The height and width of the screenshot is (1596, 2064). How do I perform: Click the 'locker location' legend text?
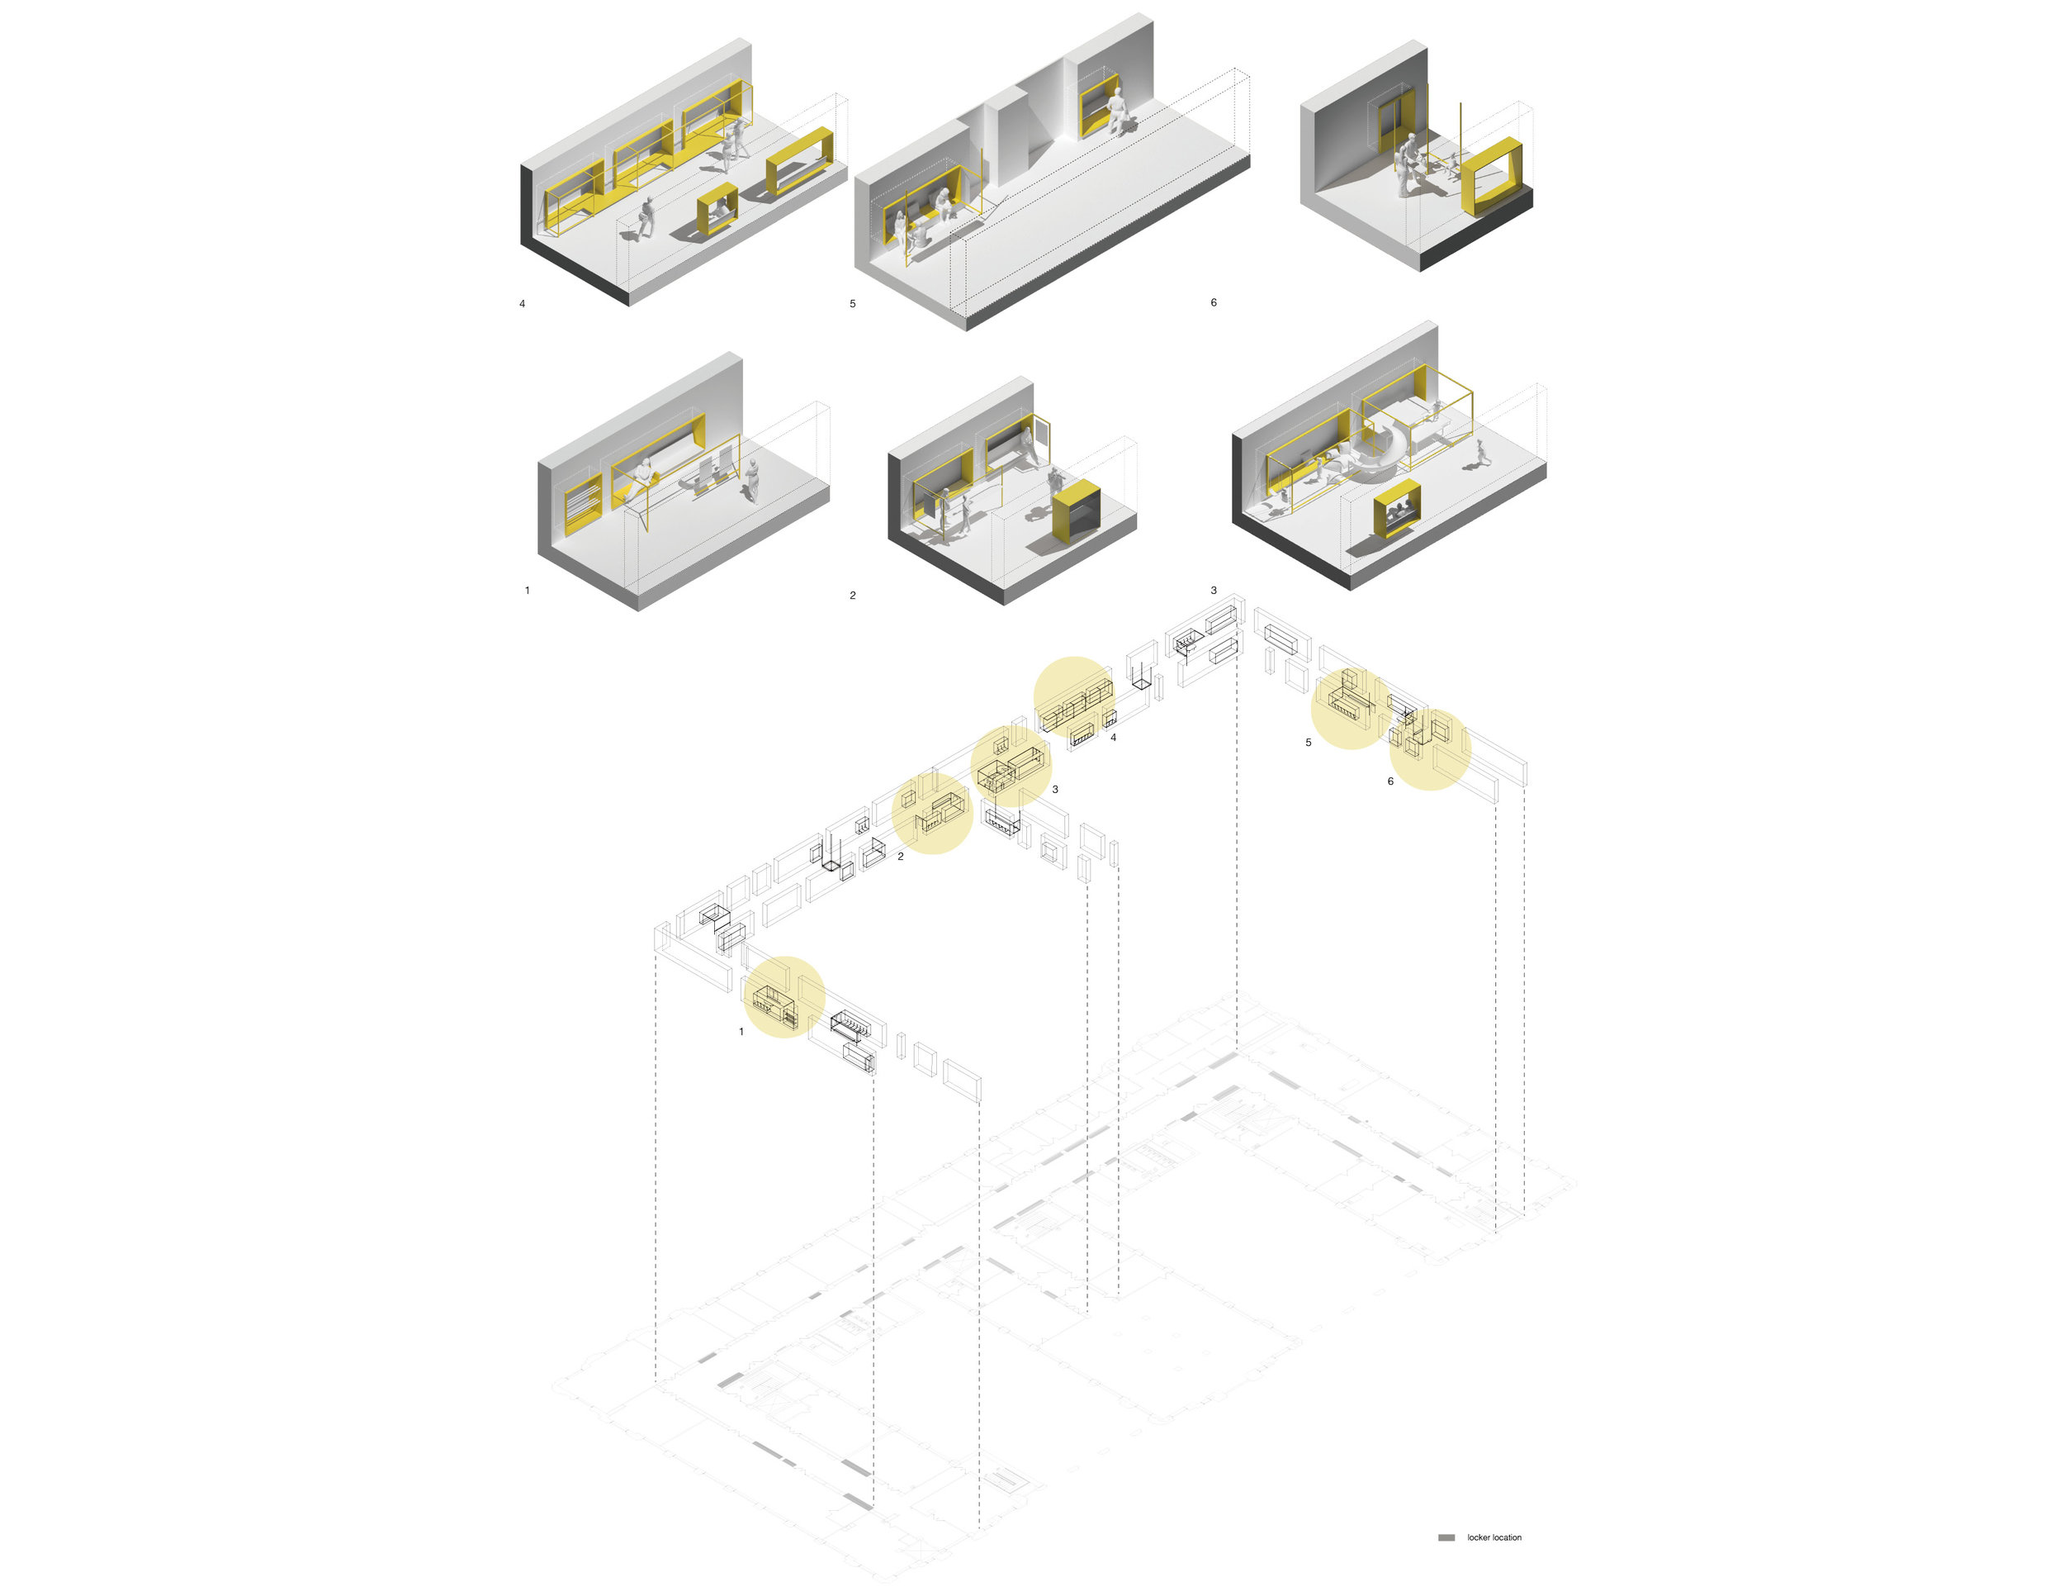coord(1494,1538)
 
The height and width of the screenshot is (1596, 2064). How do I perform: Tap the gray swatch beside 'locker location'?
coord(1446,1538)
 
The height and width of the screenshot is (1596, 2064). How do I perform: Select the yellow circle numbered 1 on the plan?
coord(784,996)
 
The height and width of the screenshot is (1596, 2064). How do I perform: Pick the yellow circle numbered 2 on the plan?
coord(932,813)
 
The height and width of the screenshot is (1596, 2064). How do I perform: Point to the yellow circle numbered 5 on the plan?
coord(1352,709)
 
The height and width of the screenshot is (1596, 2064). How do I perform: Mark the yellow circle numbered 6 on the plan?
coord(1430,748)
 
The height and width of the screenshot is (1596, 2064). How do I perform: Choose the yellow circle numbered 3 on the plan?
coord(1011,766)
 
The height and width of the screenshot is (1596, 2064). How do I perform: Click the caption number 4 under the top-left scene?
coord(522,303)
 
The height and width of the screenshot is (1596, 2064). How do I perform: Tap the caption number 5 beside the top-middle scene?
coord(853,303)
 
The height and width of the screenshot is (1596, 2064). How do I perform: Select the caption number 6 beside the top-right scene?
coord(1214,302)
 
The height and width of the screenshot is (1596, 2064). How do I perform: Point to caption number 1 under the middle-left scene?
coord(528,590)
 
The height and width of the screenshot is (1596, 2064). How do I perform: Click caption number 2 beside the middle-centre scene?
coord(853,596)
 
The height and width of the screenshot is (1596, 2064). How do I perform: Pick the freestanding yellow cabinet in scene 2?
coord(1077,511)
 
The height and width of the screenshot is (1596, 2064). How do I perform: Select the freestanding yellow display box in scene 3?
coord(1398,508)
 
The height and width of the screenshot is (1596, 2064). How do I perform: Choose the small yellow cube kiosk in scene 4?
coord(717,209)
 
